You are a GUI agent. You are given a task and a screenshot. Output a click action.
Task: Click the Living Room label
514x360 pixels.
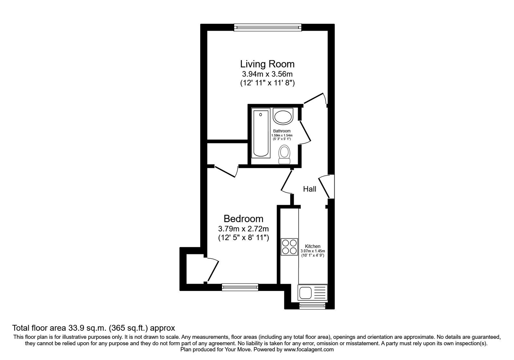(x=267, y=64)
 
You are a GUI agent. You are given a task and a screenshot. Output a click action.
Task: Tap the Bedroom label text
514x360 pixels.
(x=244, y=219)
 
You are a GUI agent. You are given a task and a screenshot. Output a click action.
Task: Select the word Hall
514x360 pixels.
(x=310, y=189)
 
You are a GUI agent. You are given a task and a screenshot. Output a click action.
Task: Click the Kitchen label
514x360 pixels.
(x=313, y=246)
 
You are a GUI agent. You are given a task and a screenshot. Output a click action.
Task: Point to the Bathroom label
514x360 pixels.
(x=282, y=131)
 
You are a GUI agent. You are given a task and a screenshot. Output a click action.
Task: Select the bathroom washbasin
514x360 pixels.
(x=283, y=116)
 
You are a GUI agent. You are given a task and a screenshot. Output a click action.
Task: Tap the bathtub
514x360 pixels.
(x=261, y=133)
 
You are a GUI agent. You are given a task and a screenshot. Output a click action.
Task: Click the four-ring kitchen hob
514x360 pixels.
(x=289, y=247)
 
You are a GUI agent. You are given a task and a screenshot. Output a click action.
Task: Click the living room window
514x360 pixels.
(x=268, y=28)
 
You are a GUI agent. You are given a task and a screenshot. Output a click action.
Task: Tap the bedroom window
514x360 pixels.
(x=240, y=287)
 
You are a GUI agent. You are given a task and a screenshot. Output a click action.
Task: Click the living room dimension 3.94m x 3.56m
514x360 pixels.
(x=267, y=74)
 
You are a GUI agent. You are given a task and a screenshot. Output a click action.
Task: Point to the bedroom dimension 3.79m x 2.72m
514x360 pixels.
(x=244, y=229)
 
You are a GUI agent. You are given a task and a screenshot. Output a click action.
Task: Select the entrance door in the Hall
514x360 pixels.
(x=326, y=186)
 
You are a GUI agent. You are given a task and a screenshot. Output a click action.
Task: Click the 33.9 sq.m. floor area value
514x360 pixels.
(x=87, y=328)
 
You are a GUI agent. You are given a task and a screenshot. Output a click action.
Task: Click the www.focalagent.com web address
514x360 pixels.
(x=309, y=350)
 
